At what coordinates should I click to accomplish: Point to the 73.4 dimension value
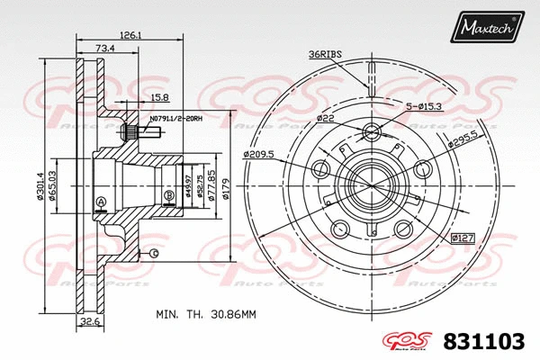(104, 48)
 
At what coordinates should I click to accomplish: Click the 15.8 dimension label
(160, 96)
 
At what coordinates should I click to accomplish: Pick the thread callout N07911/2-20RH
(177, 117)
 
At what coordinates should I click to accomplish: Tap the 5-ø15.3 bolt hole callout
(425, 107)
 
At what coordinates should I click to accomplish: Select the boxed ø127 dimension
(462, 238)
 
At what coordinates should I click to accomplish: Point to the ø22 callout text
(325, 119)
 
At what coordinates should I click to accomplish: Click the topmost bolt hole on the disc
(371, 134)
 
